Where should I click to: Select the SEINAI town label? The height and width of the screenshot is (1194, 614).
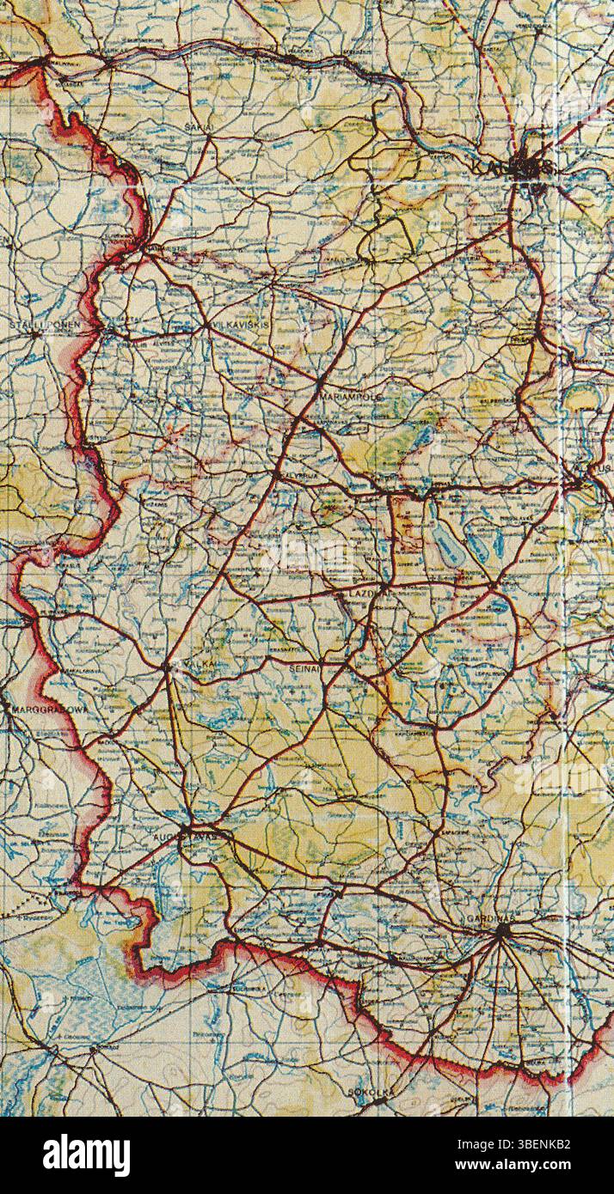(x=304, y=666)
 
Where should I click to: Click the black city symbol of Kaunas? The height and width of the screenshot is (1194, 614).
(x=524, y=166)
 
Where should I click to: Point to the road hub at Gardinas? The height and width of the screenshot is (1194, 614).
(x=502, y=929)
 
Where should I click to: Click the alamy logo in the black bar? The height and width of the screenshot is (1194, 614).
(x=86, y=1155)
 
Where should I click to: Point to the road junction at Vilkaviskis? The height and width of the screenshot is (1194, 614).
(x=206, y=326)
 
